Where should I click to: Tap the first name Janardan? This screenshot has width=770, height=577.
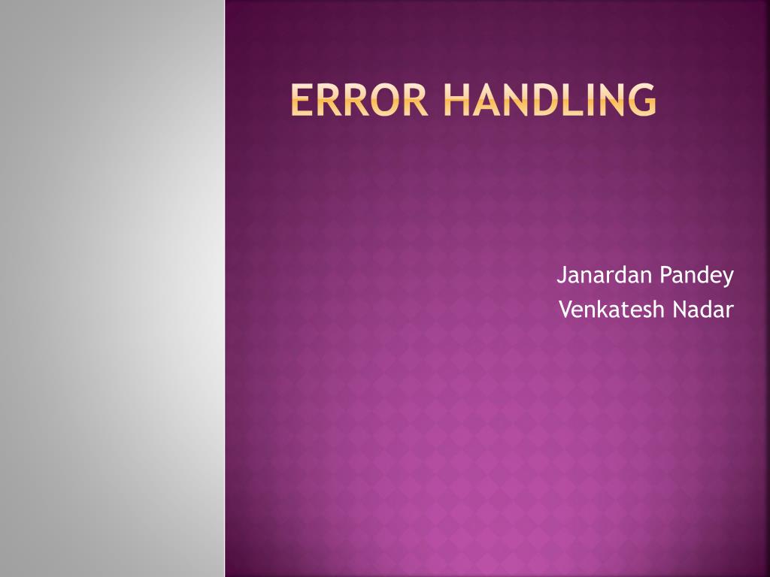[605, 276]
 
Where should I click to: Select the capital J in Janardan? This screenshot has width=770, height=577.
[561, 276]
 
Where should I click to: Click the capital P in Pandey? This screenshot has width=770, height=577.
[665, 276]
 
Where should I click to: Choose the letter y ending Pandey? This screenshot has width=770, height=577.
[728, 279]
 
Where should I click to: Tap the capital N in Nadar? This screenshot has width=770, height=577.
[680, 309]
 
